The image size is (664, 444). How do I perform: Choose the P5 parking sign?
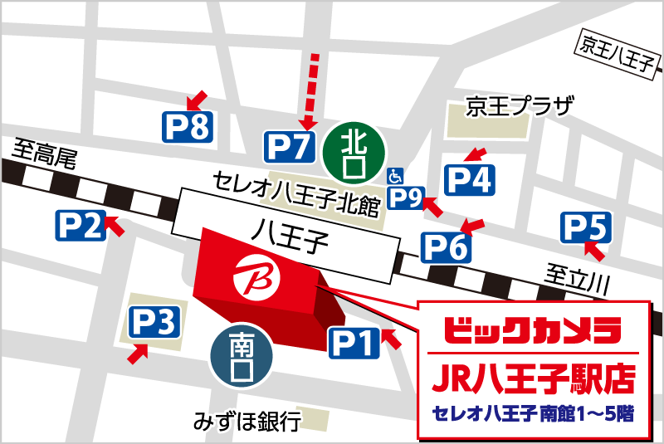coord(588,227)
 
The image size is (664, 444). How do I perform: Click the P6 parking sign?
coord(447,246)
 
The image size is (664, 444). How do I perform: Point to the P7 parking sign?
coord(289,147)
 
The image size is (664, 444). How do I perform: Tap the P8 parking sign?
coord(188,126)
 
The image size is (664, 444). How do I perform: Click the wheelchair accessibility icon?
coord(394,176)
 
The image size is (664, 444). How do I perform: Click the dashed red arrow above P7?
coord(314,87)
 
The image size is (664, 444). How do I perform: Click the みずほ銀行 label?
coord(246,422)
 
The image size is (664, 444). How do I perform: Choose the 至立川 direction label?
coord(578,276)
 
